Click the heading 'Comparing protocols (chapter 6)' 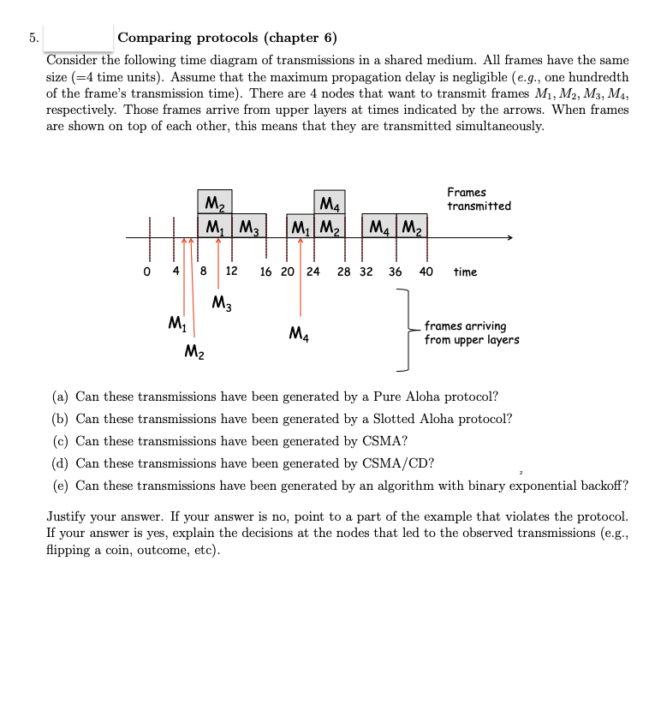tap(227, 38)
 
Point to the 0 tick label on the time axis tap(147, 272)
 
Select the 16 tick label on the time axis tap(265, 272)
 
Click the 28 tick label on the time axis tap(343, 272)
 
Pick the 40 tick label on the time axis tap(426, 272)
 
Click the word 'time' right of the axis tap(465, 272)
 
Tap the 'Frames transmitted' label tap(478, 200)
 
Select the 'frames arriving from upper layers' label tap(471, 332)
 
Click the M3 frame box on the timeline tap(249, 228)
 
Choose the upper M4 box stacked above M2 tap(330, 204)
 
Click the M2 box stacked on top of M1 tap(214, 204)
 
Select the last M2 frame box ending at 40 tap(412, 228)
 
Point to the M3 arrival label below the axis tap(221, 302)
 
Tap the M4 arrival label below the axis tap(300, 333)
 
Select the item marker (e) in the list tap(61, 486)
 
